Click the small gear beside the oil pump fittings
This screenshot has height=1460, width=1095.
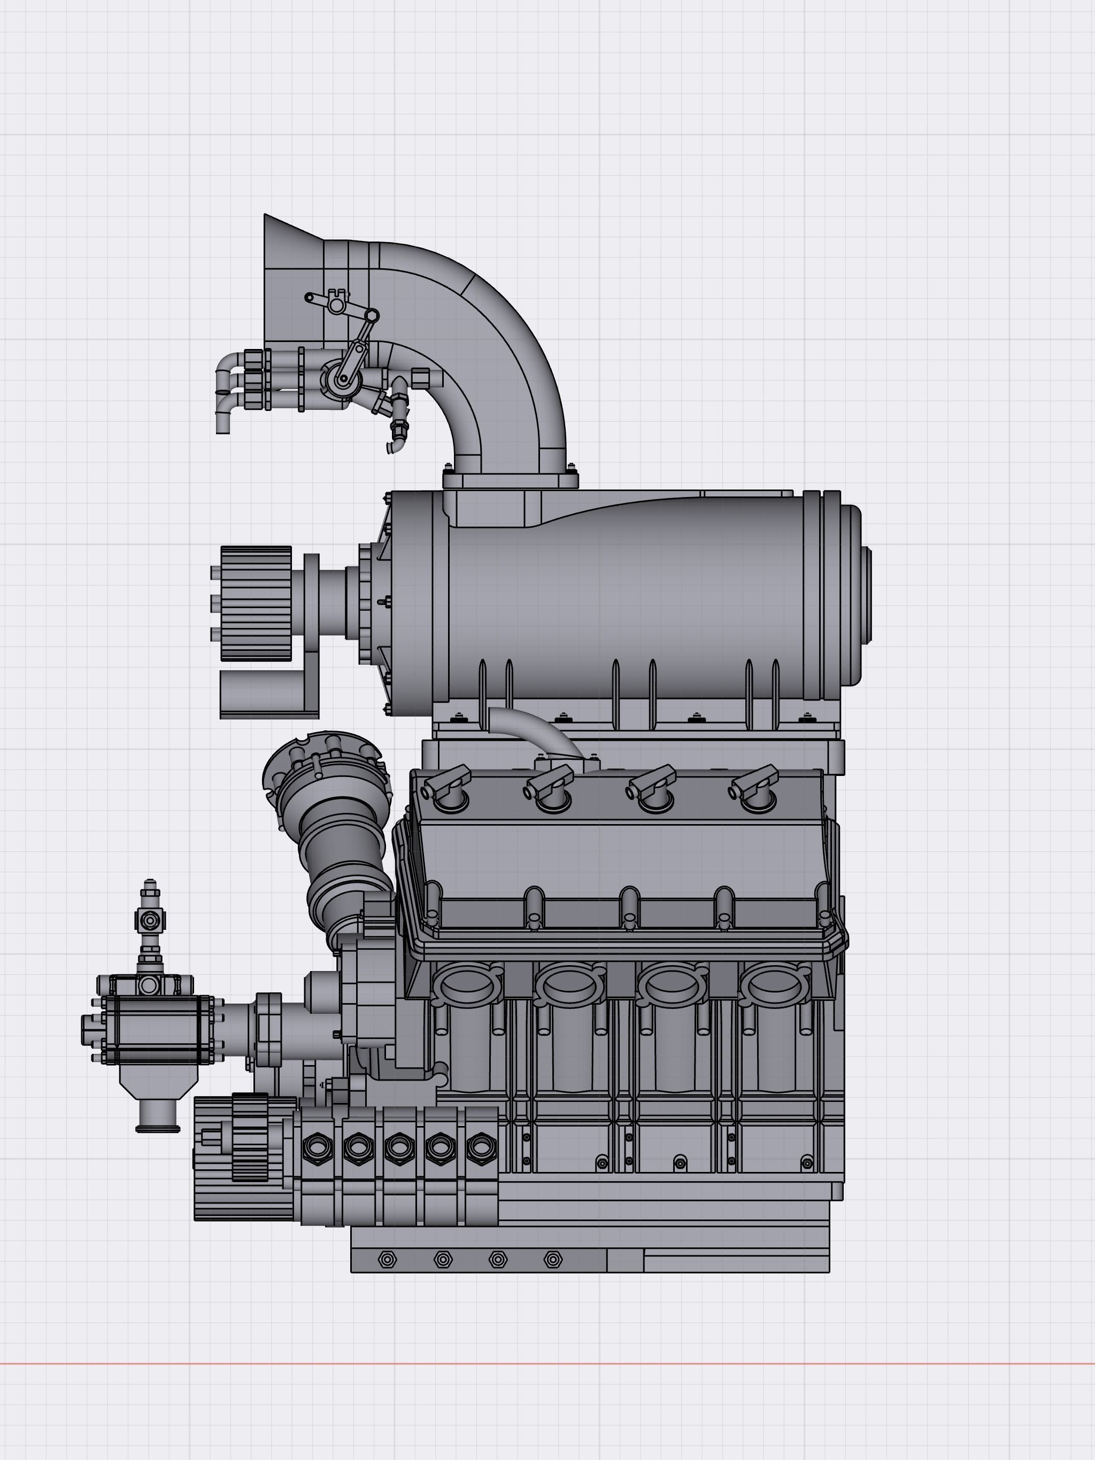point(250,1137)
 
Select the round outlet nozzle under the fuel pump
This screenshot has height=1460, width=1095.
point(158,1115)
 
